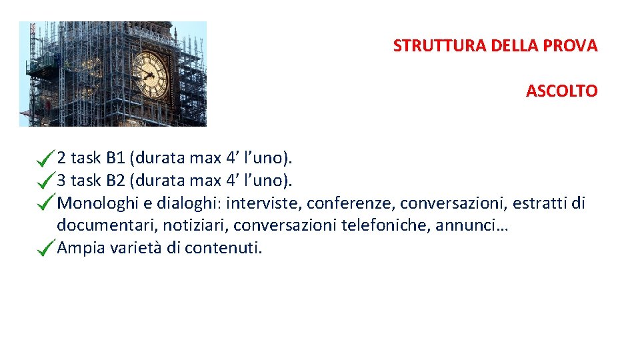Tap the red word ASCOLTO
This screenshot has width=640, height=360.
[x=561, y=91]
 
